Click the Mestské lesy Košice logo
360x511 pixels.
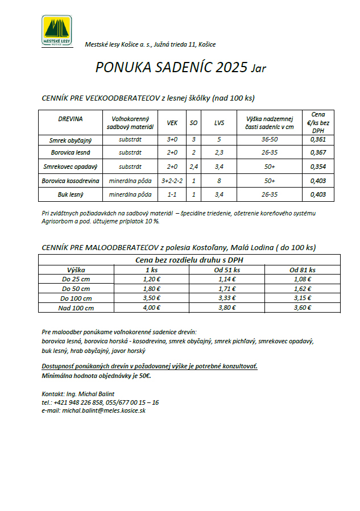(57, 31)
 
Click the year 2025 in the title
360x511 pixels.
(231, 68)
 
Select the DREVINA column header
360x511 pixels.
(70, 119)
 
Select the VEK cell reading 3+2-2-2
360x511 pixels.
(172, 181)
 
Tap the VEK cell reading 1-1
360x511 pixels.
(172, 195)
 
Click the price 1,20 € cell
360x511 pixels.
(151, 279)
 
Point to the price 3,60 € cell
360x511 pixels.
(302, 308)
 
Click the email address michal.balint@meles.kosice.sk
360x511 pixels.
(104, 410)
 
